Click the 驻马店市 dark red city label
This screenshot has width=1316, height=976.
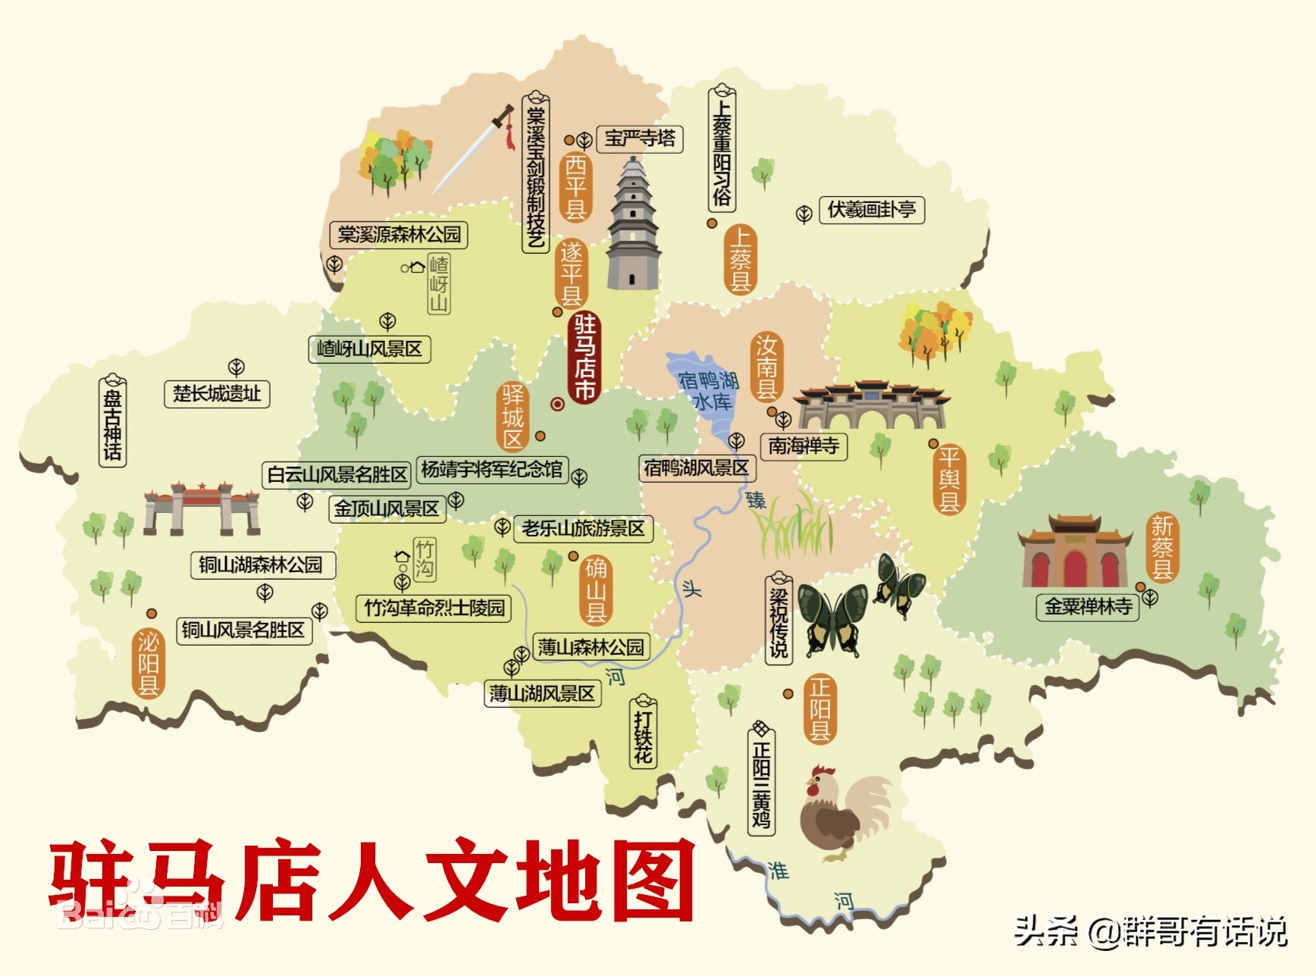(584, 357)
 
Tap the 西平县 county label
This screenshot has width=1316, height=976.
(575, 186)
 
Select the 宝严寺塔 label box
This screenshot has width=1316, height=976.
(640, 138)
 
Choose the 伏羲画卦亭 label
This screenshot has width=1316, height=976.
(872, 210)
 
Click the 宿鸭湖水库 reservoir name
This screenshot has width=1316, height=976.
(709, 389)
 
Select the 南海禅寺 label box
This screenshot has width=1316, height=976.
(804, 446)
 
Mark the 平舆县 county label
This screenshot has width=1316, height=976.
(949, 479)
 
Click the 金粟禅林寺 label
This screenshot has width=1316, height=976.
(1088, 606)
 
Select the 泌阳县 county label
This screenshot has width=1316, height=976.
(148, 662)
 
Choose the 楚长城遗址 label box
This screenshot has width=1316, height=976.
(217, 394)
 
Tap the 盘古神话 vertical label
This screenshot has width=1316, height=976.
(112, 421)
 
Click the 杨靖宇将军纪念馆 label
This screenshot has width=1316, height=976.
(492, 470)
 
